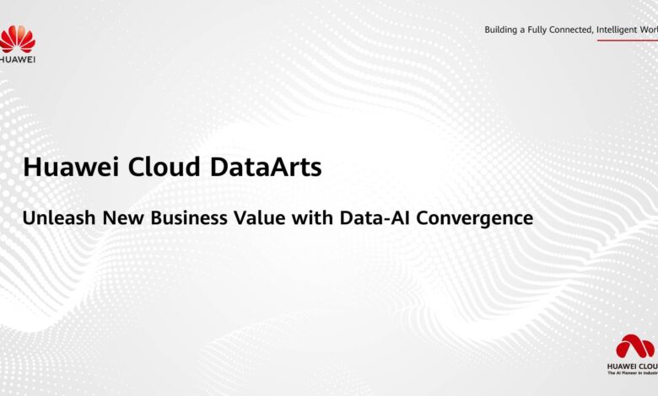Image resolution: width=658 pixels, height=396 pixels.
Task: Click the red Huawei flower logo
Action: (17, 39)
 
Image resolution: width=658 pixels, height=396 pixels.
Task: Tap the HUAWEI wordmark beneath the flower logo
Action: (17, 60)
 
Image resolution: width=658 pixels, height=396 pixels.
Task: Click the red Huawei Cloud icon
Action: (634, 347)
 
